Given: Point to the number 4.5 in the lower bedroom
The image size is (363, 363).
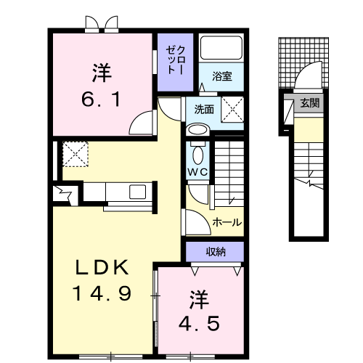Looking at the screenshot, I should pos(195,321).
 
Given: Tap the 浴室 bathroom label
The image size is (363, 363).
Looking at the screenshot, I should pos(221,75).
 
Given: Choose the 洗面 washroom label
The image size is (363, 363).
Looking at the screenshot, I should pos(204,110).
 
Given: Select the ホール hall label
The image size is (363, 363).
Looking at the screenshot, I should pos(227,222).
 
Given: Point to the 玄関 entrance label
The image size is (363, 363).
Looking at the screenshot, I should pos(309,103).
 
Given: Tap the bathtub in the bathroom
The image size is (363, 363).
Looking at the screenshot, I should pos(222,50).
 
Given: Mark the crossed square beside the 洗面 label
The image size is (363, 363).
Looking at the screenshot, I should pos(232,109).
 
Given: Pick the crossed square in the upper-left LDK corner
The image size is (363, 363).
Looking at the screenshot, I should pos(75,154).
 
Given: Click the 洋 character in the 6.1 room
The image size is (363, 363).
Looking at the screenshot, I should pos(102,73).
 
